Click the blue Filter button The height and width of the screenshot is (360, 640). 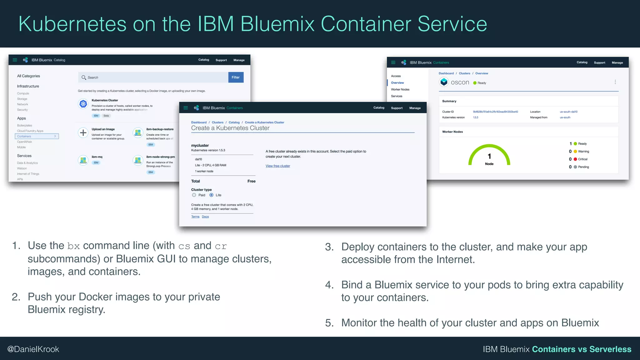coord(236,77)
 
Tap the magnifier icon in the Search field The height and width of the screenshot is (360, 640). coord(83,77)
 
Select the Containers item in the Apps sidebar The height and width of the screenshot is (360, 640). coord(37,136)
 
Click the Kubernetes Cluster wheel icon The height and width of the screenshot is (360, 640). coord(83,104)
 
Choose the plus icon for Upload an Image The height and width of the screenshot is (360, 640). coord(83,133)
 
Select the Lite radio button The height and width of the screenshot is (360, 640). coord(212,195)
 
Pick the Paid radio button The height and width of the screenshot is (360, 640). coord(194,195)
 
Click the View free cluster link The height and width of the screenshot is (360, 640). coord(277,166)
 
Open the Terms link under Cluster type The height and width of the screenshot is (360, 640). coord(195,217)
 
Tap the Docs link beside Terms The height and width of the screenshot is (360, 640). coord(205,217)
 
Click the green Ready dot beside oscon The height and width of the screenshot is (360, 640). coord(475,83)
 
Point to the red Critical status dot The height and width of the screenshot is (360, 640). coord(575,159)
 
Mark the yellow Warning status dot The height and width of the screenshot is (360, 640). coord(575,152)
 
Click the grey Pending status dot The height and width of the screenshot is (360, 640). coord(575,167)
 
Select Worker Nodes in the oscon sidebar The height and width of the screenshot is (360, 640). coord(400,89)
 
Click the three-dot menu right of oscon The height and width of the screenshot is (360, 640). coord(615,82)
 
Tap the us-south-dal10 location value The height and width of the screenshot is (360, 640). coord(568,112)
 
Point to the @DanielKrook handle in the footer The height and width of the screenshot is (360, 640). coord(33,349)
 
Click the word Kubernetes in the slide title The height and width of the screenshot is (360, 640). coord(72,24)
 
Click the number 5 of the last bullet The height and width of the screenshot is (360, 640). coord(328,323)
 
